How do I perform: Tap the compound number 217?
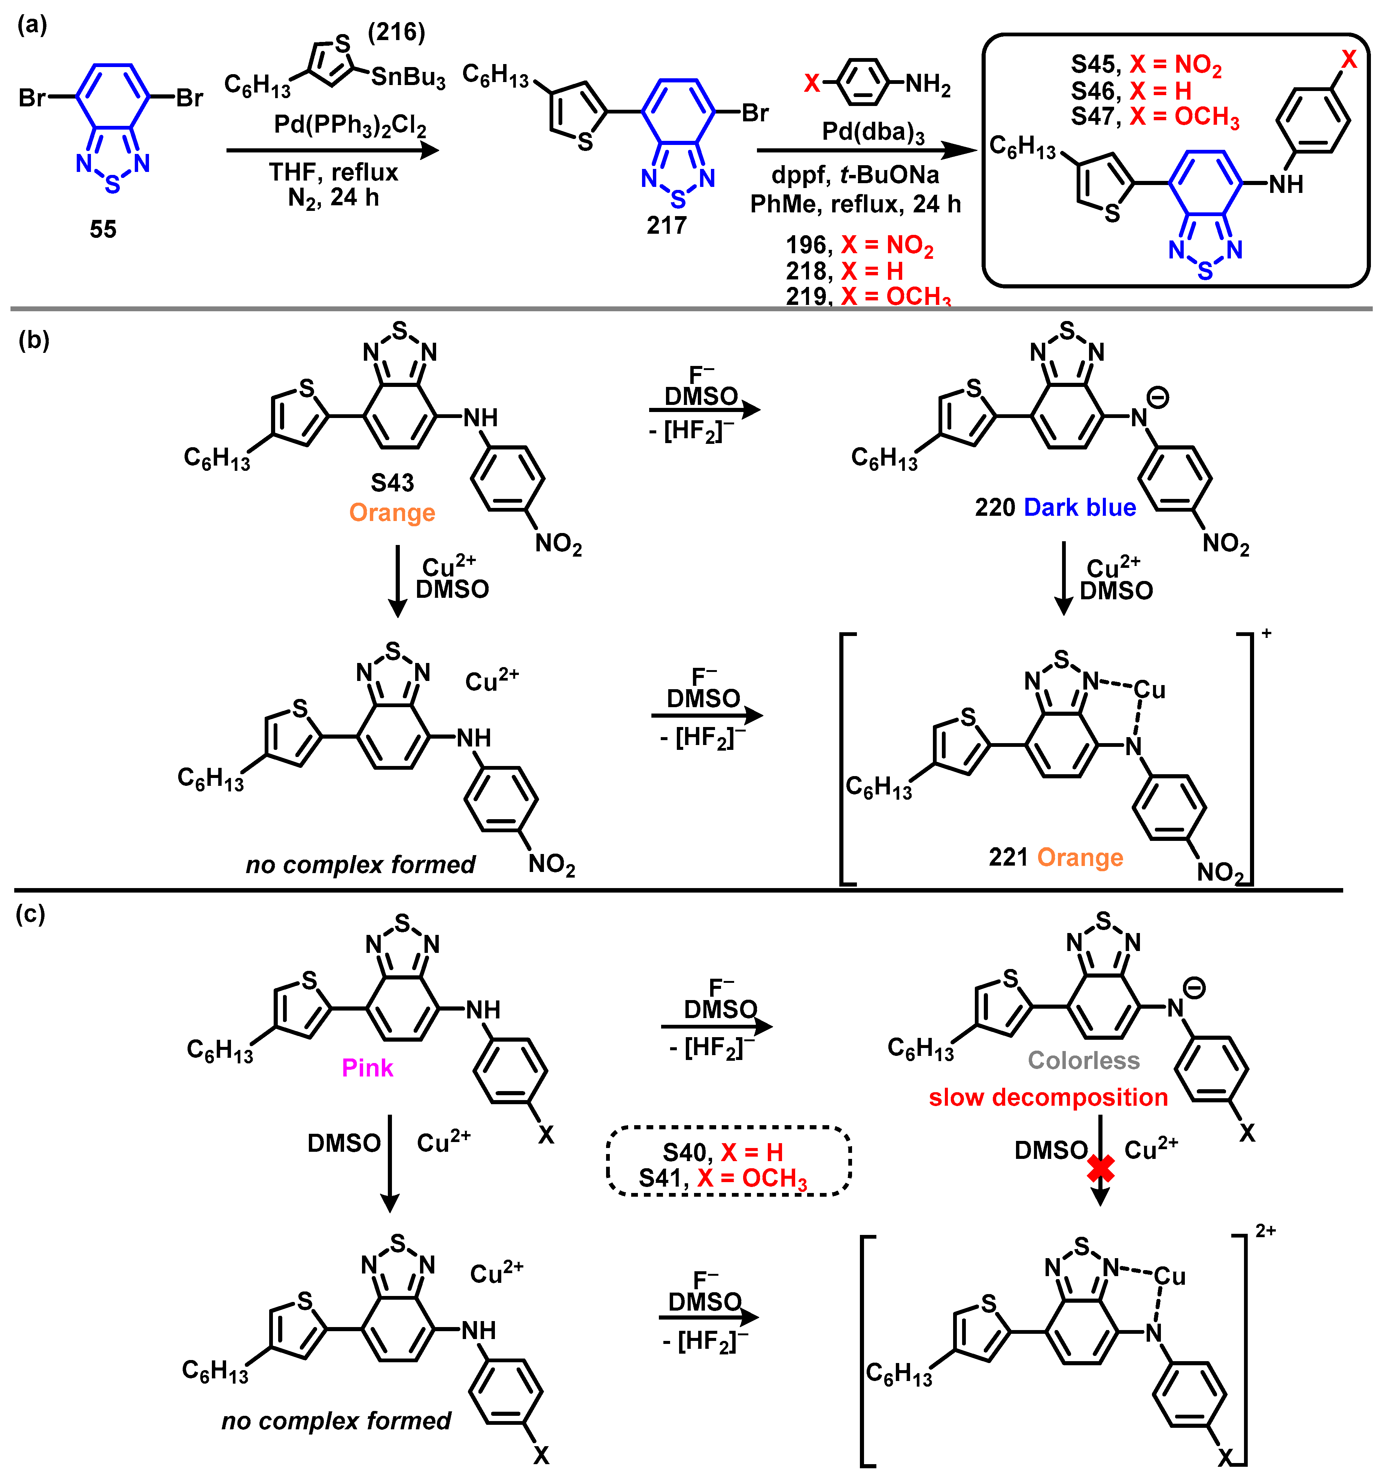point(666,225)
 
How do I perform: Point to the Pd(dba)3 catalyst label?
point(873,133)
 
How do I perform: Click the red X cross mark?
point(1100,1168)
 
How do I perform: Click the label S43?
point(392,483)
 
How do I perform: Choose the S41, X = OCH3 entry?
point(722,1178)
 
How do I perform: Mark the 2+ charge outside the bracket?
point(1266,1230)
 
